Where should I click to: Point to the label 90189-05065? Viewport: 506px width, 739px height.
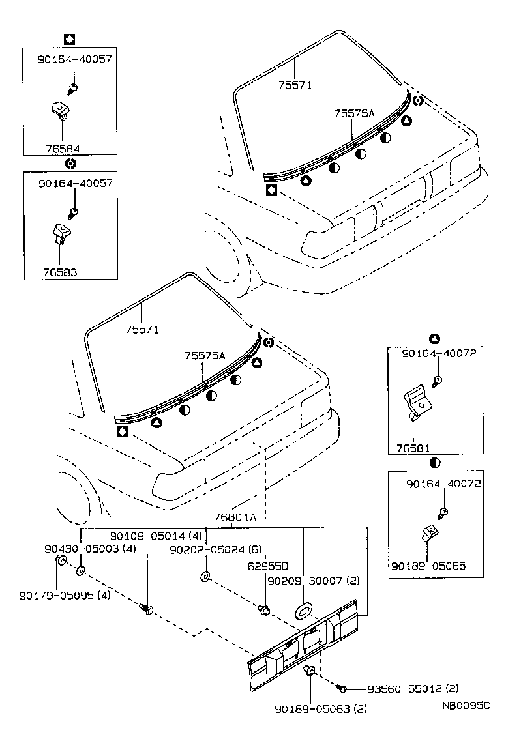(x=428, y=566)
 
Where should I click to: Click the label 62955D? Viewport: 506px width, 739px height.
(x=268, y=566)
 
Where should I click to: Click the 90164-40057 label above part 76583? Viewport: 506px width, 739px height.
(x=75, y=184)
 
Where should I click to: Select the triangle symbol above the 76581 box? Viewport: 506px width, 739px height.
(x=435, y=339)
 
